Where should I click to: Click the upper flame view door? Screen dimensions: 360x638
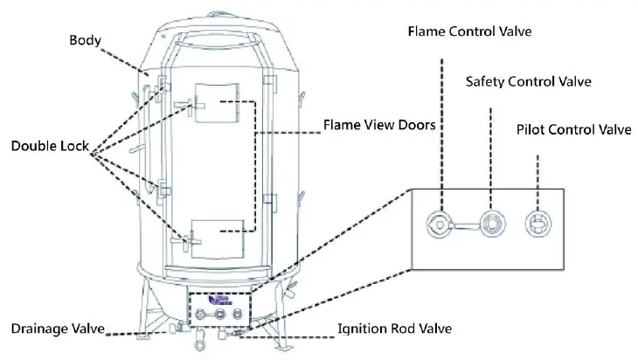tap(217, 103)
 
